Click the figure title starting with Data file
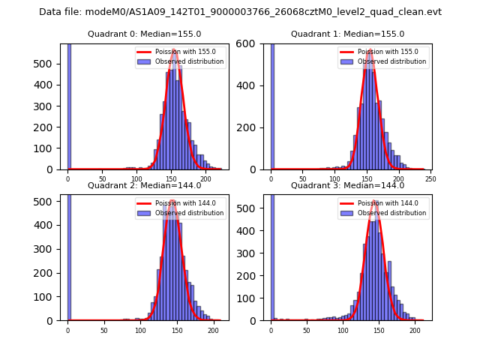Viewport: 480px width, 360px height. pyautogui.click(x=240, y=12)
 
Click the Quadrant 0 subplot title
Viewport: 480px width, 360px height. pyautogui.click(x=144, y=34)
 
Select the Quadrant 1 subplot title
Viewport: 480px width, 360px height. pyautogui.click(x=347, y=34)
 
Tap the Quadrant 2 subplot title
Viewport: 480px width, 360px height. pyautogui.click(x=144, y=185)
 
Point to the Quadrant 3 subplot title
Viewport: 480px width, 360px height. pyautogui.click(x=347, y=185)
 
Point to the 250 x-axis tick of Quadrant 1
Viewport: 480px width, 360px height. pyautogui.click(x=430, y=179)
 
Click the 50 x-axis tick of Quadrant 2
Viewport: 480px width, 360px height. pyautogui.click(x=104, y=330)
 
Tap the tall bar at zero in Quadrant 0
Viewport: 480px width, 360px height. pyautogui.click(x=69, y=105)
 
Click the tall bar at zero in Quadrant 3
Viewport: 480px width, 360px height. pyautogui.click(x=271, y=255)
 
